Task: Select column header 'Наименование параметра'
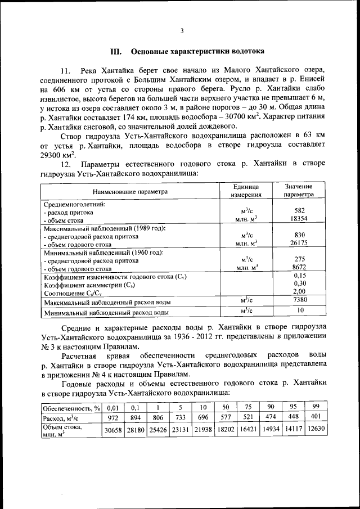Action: pos(130,191)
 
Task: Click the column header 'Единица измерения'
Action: pos(245,191)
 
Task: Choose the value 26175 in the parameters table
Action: pos(299,244)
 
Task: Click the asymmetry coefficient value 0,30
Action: pos(299,284)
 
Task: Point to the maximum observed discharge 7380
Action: pos(299,300)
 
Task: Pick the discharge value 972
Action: pos(113,418)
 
